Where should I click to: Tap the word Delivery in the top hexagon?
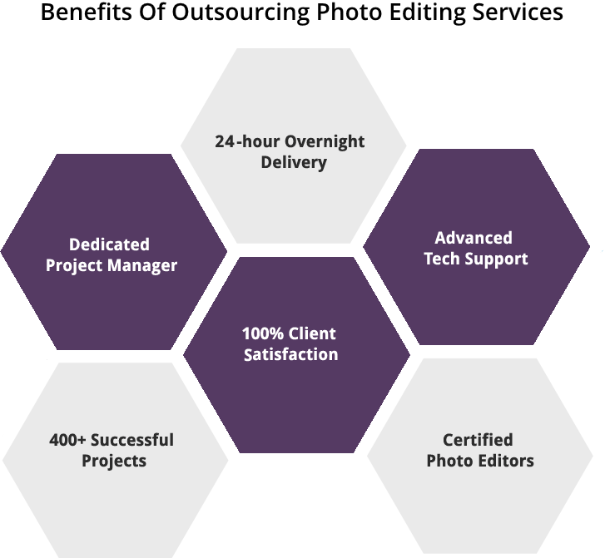(294, 162)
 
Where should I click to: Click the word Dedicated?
(109, 244)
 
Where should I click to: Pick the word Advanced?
(474, 238)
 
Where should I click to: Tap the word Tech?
(440, 259)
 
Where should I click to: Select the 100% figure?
(262, 333)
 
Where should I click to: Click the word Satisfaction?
(290, 355)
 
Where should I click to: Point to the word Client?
(312, 333)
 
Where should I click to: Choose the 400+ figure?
(67, 439)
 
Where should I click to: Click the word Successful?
(132, 439)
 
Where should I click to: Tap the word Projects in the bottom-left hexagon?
(114, 460)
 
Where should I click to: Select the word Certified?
(478, 440)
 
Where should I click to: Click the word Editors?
(505, 461)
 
